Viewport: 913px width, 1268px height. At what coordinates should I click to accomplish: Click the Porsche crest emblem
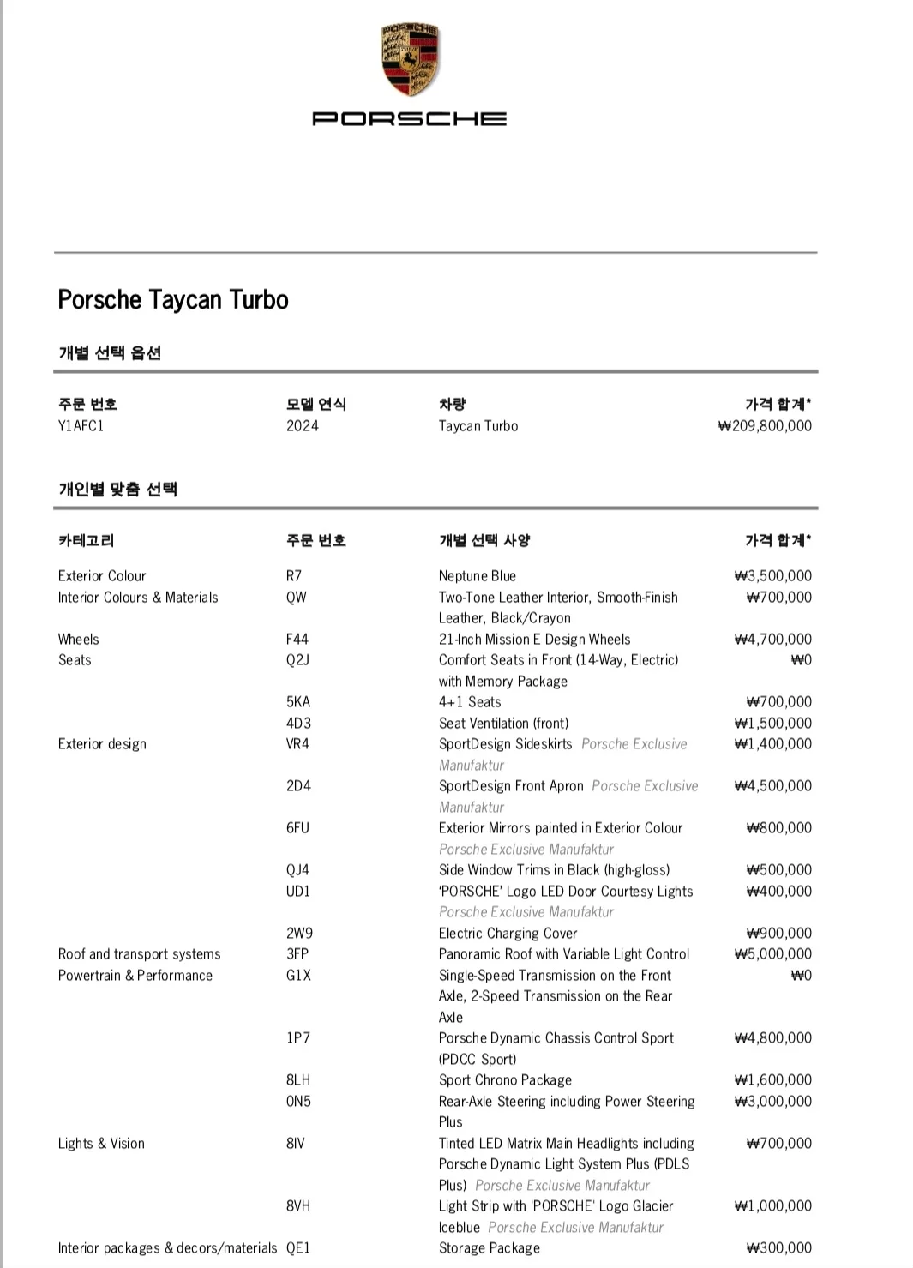pyautogui.click(x=410, y=60)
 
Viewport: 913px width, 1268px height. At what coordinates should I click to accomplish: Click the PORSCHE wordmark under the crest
pyautogui.click(x=410, y=118)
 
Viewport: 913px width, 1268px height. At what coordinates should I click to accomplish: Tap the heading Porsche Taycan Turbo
pyautogui.click(x=173, y=300)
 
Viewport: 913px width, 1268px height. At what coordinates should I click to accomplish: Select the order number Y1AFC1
pyautogui.click(x=81, y=426)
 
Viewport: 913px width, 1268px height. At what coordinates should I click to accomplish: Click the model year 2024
pyautogui.click(x=302, y=426)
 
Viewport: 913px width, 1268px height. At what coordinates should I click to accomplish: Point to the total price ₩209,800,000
pyautogui.click(x=765, y=426)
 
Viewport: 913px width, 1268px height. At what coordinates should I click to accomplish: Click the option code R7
pyautogui.click(x=294, y=576)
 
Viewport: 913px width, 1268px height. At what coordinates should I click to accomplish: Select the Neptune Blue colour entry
pyautogui.click(x=478, y=576)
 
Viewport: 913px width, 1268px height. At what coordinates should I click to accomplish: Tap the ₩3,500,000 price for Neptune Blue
pyautogui.click(x=772, y=576)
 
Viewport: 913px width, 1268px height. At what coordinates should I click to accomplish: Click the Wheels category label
pyautogui.click(x=79, y=640)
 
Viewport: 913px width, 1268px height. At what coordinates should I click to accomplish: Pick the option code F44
pyautogui.click(x=297, y=640)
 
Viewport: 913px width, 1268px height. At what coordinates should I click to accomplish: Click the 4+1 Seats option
pyautogui.click(x=470, y=702)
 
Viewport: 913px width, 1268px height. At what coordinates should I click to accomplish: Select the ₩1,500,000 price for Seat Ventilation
pyautogui.click(x=772, y=724)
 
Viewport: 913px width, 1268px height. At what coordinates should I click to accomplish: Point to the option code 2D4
pyautogui.click(x=298, y=786)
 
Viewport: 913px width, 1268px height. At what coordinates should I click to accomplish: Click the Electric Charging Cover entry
pyautogui.click(x=508, y=934)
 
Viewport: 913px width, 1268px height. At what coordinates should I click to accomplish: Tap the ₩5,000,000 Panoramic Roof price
pyautogui.click(x=772, y=954)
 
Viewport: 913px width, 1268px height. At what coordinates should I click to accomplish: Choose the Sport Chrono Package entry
pyautogui.click(x=505, y=1080)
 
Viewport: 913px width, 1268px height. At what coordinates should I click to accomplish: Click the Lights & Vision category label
pyautogui.click(x=101, y=1144)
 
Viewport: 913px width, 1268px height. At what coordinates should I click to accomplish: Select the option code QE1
pyautogui.click(x=298, y=1248)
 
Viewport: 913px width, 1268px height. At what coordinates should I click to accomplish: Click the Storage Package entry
pyautogui.click(x=490, y=1248)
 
